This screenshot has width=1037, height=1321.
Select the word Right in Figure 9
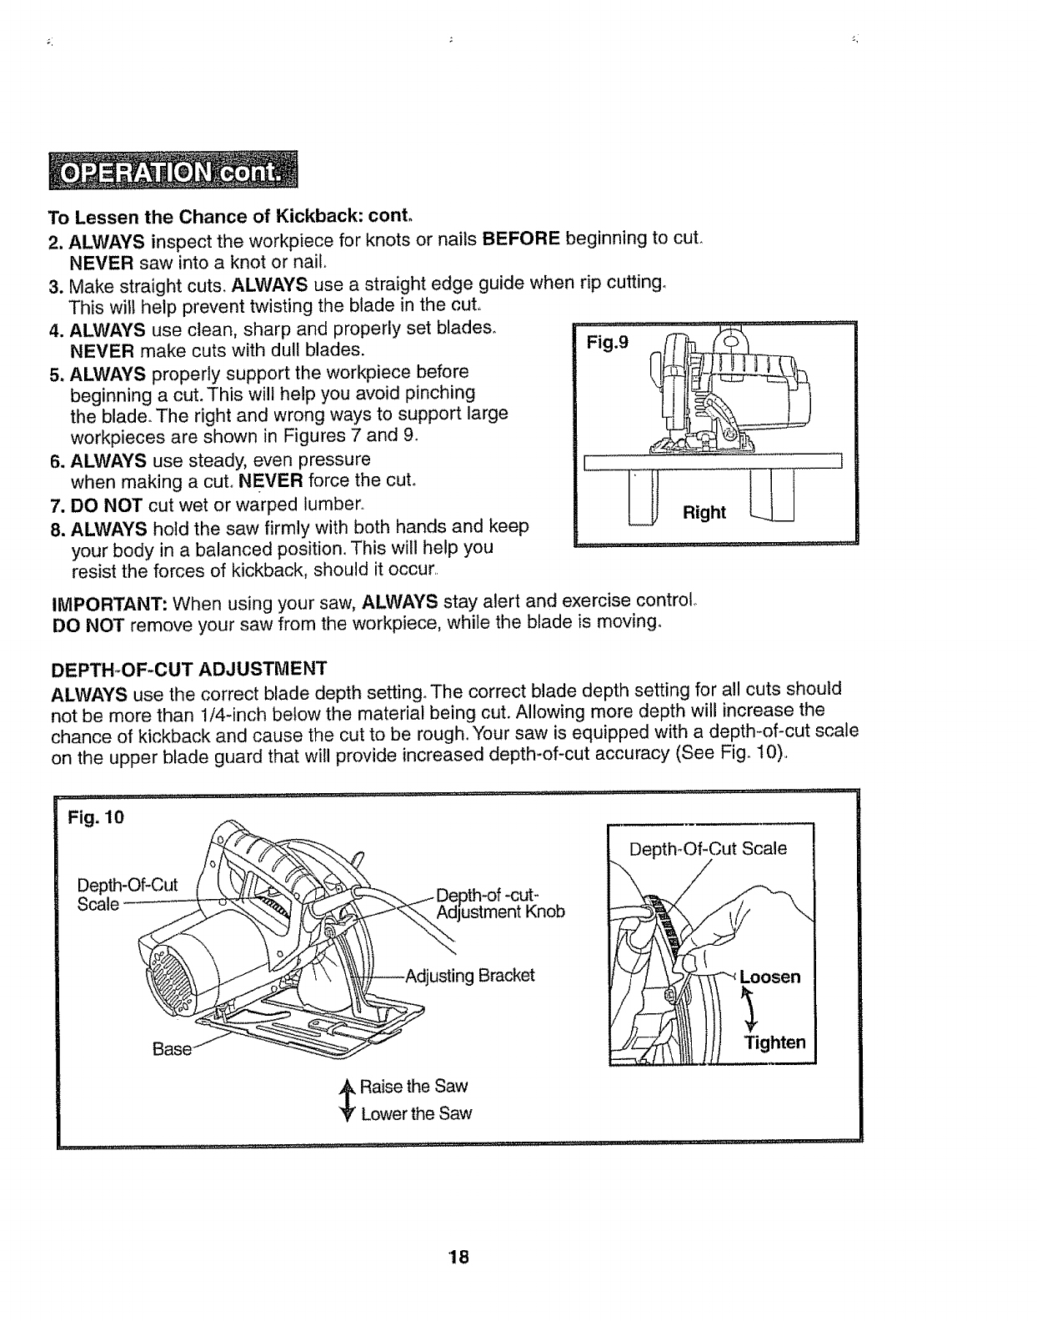704,512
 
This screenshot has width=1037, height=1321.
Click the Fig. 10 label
97,817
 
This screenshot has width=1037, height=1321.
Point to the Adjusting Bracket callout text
469,976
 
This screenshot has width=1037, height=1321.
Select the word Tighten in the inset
774,1042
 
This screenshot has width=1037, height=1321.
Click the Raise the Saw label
413,1086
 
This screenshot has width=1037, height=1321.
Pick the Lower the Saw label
416,1113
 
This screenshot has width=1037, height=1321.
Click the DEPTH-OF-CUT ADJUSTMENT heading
188,669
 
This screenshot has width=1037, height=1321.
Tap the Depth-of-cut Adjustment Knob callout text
500,902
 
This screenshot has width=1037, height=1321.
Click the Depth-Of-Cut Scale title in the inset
708,848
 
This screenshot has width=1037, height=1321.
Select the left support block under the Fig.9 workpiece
644,498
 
